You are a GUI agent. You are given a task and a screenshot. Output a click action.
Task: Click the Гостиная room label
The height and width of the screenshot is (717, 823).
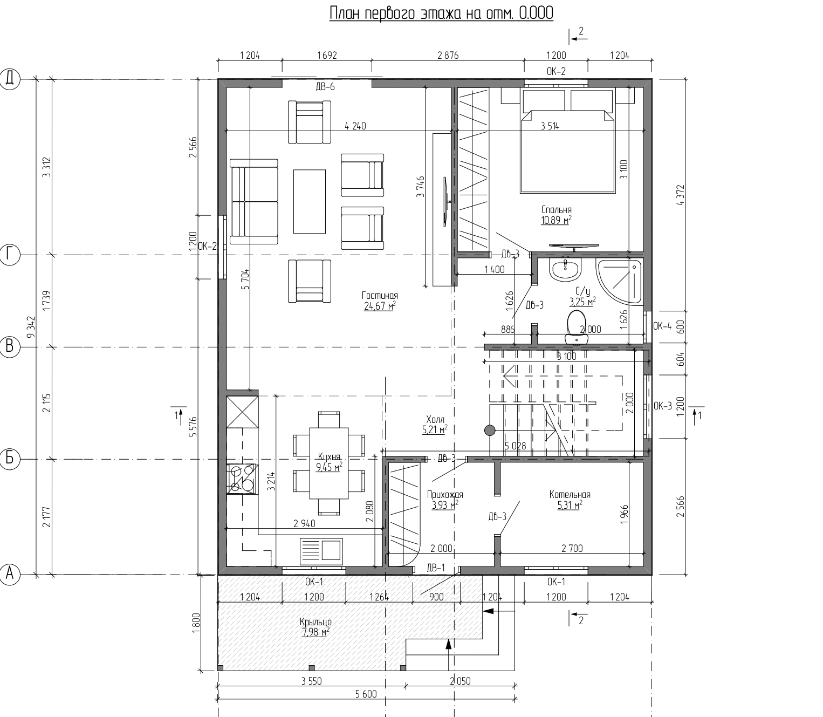coord(380,295)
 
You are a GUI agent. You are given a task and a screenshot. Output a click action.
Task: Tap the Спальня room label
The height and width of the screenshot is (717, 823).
coord(557,210)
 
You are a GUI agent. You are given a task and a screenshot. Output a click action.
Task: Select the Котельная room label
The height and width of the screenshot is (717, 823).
coord(570,495)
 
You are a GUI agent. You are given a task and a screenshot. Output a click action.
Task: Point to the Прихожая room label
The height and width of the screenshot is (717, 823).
coord(445,495)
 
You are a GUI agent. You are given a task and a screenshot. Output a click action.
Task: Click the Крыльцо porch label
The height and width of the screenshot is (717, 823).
coord(316,622)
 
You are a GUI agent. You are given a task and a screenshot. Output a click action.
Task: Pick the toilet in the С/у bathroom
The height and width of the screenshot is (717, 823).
coord(577,327)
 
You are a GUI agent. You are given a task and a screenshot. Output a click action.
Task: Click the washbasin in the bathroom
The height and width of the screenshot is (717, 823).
coord(565,269)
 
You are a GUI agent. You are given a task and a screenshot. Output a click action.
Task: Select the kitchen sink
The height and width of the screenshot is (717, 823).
coord(321,549)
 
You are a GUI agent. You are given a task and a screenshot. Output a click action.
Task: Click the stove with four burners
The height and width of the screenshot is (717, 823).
coord(242,479)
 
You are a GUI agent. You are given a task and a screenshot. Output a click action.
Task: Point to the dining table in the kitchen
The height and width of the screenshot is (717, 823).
coord(328,463)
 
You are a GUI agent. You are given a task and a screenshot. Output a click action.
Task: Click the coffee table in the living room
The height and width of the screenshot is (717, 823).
coord(310,202)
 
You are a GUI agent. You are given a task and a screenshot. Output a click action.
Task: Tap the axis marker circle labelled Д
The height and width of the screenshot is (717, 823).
coord(10,79)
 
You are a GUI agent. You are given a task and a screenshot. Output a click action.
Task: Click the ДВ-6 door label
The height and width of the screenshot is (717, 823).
coord(325,87)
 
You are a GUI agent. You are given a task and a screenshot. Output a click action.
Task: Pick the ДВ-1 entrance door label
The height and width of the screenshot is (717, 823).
coord(436,568)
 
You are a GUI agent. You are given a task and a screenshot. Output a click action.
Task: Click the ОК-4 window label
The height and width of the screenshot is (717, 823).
coord(662,326)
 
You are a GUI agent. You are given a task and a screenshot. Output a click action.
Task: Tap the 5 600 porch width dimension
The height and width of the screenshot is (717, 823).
coord(366,694)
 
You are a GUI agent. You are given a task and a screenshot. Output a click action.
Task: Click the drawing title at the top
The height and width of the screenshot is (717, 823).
coord(441,13)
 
